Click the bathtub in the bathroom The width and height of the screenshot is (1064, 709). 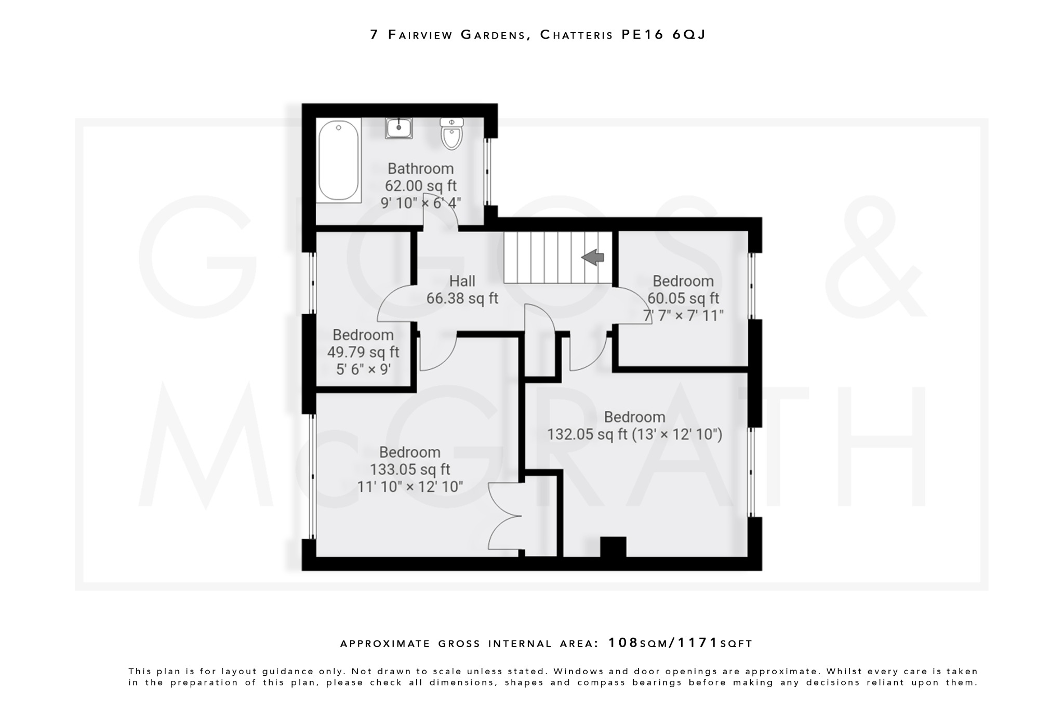tap(338, 160)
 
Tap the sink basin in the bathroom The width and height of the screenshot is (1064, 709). tap(398, 128)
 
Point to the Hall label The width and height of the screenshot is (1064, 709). tap(462, 281)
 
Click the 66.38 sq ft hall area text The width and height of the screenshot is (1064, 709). tap(462, 299)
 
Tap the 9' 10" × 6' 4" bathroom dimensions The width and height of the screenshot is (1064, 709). tap(421, 203)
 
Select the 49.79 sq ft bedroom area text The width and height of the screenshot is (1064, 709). tap(363, 352)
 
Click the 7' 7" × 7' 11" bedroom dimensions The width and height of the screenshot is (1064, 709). tap(683, 315)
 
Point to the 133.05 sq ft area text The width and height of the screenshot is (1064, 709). tap(409, 470)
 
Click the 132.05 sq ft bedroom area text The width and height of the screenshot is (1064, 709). tap(587, 434)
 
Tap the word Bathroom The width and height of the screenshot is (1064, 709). tap(420, 169)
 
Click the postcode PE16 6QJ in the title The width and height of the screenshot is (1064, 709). tap(663, 35)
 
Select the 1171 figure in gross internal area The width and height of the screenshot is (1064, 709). tap(698, 643)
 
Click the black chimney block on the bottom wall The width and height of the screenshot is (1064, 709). tap(613, 547)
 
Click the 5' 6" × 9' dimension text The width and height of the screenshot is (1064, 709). tap(363, 369)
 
